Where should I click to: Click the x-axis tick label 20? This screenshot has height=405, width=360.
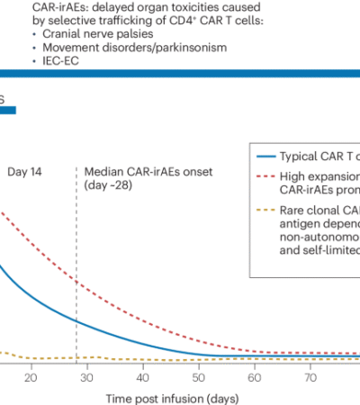tap(31, 379)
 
